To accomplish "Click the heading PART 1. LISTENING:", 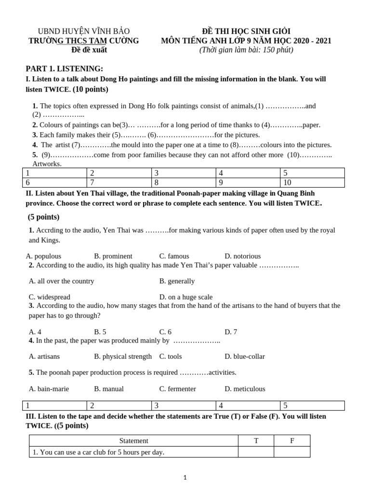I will click(64, 69).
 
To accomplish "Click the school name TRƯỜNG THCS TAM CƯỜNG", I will click(83, 41).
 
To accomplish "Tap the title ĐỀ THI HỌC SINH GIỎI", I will click(246, 31).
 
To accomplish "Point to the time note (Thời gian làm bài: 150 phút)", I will click(246, 50).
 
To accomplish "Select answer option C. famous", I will click(174, 256).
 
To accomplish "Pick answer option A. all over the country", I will click(62, 281).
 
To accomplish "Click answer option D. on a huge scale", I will click(185, 297).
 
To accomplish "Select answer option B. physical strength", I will click(123, 357).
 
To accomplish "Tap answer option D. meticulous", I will click(245, 389).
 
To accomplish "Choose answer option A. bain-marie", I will click(49, 389).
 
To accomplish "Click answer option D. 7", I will click(230, 332).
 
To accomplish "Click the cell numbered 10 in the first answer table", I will click(312, 182).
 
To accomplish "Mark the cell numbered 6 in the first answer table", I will click(55, 182).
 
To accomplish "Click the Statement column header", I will click(134, 440).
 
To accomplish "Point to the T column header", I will click(256, 440).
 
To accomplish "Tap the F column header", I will click(292, 440).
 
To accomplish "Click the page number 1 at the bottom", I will click(185, 478).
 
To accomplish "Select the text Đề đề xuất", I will click(89, 50).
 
